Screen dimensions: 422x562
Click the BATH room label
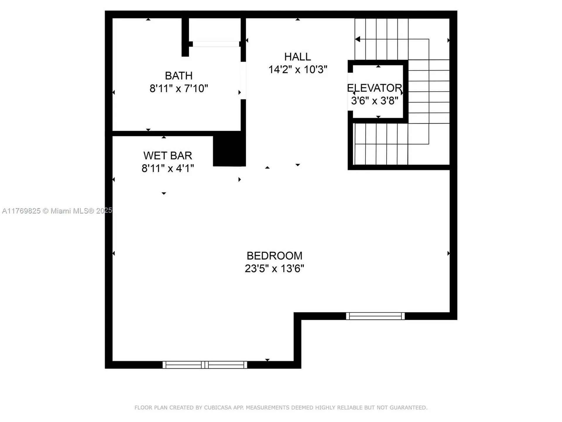click(179, 76)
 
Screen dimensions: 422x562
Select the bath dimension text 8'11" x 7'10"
click(179, 89)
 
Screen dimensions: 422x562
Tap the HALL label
click(297, 57)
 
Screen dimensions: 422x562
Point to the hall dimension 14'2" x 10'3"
click(297, 70)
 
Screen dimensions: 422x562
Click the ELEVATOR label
click(374, 88)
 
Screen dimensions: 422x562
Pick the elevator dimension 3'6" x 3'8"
click(374, 101)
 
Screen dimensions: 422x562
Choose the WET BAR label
click(167, 155)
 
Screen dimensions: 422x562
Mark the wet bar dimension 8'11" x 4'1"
click(167, 169)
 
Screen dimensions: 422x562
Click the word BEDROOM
click(274, 256)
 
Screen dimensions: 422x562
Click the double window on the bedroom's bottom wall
click(205, 365)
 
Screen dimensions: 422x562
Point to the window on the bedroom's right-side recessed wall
click(375, 316)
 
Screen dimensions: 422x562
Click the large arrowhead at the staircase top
click(357, 39)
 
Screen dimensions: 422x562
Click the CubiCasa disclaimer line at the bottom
click(281, 408)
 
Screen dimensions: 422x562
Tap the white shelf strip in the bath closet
click(216, 44)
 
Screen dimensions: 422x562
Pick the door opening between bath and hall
click(243, 81)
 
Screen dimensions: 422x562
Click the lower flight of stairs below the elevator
click(381, 144)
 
